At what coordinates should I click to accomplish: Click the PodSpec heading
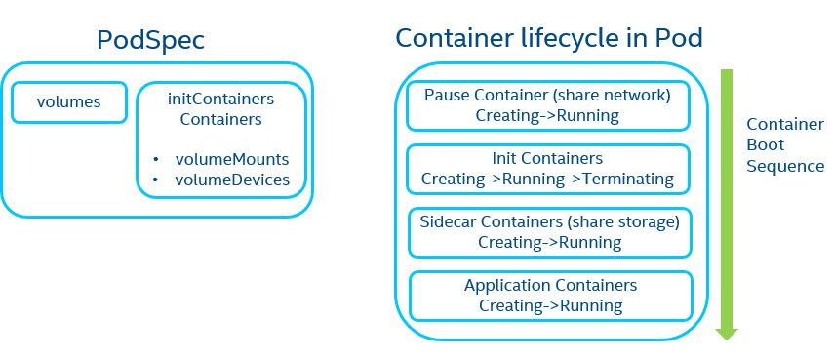pos(150,40)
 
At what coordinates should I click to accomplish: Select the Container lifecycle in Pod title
pos(549,38)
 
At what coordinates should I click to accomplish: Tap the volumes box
pos(68,101)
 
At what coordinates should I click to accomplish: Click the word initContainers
pos(220,100)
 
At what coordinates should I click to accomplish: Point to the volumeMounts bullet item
pos(232,159)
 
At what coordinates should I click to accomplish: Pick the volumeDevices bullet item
pos(232,180)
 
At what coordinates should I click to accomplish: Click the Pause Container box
pos(547,105)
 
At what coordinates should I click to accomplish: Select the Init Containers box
pos(547,168)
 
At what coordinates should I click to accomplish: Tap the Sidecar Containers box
pos(550,231)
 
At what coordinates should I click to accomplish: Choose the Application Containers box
pos(550,295)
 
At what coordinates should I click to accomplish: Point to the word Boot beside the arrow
pos(765,145)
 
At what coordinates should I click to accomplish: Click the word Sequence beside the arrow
pos(785,166)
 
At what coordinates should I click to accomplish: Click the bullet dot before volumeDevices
pos(156,180)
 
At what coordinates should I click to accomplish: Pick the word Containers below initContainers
pos(220,120)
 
